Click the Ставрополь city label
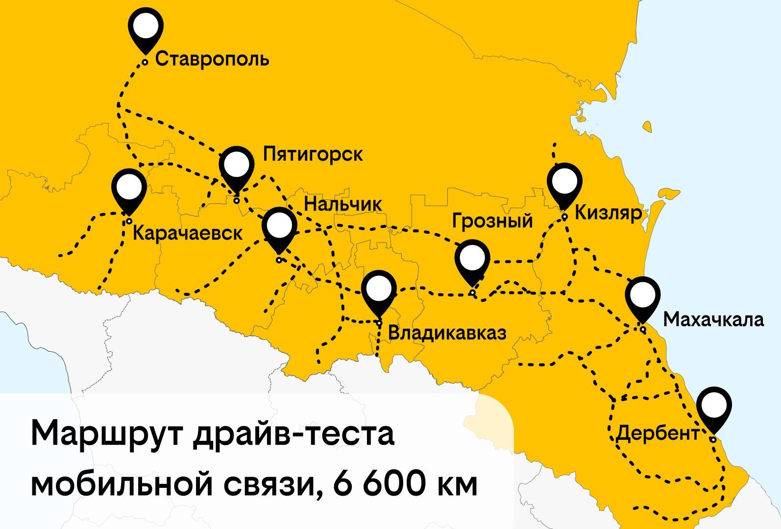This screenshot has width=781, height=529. click(x=212, y=59)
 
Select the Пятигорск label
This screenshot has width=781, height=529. click(x=313, y=154)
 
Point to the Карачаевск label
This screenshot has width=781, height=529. click(x=188, y=233)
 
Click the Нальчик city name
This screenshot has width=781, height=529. click(x=342, y=204)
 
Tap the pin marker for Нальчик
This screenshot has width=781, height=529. click(x=279, y=226)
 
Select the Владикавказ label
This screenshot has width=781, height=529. click(x=447, y=333)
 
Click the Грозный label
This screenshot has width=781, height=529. click(x=492, y=220)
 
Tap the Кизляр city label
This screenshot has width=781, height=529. click(x=608, y=213)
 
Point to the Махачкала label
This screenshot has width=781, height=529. click(x=713, y=319)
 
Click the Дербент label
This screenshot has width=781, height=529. click(x=657, y=433)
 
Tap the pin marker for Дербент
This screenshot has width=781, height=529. click(x=714, y=406)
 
